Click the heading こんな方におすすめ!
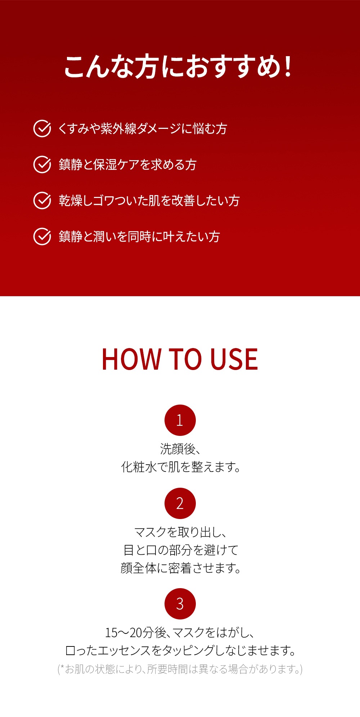click(x=178, y=67)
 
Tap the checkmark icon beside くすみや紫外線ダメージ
click(x=42, y=128)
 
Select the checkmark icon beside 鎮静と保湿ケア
click(x=42, y=164)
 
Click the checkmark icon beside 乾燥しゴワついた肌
click(x=42, y=200)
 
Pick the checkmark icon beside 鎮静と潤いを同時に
click(x=42, y=236)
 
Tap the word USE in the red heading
click(x=234, y=359)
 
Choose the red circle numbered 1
click(x=180, y=420)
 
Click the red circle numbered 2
click(x=180, y=503)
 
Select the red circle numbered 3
click(x=180, y=604)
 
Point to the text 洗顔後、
click(x=180, y=449)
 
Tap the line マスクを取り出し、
click(x=180, y=532)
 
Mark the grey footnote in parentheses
click(x=180, y=669)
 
